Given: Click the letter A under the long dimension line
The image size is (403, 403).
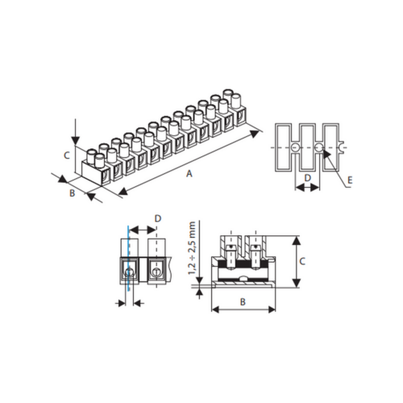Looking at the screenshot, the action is point(189,174).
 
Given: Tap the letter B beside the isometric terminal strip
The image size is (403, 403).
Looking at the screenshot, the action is point(72,193).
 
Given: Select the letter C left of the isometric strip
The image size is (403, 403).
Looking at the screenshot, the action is point(67,156).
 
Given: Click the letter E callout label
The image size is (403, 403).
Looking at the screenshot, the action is point(350,180).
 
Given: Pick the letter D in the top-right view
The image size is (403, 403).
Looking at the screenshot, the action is point(308,177).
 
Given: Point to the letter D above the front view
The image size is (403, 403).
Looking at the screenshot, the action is point(158,218).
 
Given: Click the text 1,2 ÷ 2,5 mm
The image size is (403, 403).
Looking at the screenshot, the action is point(192,247).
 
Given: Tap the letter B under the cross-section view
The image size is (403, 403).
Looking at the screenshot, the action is point(243,301).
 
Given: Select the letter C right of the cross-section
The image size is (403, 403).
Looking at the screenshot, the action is point(302,261).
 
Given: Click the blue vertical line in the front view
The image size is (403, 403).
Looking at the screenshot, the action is point(128,259).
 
